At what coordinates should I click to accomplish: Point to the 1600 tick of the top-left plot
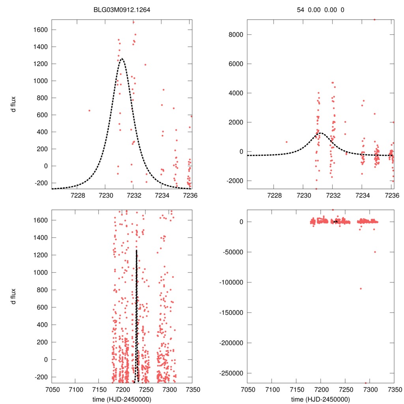pos(40,30)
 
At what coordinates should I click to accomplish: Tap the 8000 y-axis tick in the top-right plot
pos(236,34)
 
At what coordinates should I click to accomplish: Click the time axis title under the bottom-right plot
pos(320,399)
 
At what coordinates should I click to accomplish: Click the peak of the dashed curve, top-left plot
pos(122,58)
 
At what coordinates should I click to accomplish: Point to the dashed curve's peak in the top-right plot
pos(320,133)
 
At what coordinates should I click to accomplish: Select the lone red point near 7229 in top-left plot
pos(90,110)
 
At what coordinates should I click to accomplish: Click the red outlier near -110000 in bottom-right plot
pos(361,288)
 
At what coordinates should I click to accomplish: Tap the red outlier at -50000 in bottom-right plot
pos(375,252)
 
